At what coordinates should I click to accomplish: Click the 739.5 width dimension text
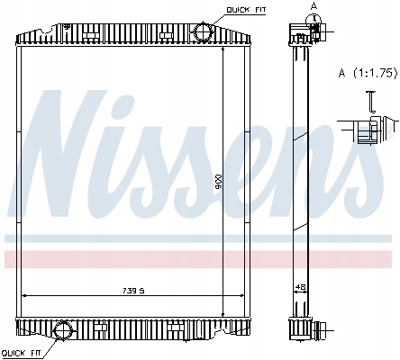[133, 291]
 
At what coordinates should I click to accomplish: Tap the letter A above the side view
[314, 6]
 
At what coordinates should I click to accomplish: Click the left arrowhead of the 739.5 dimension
[24, 296]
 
